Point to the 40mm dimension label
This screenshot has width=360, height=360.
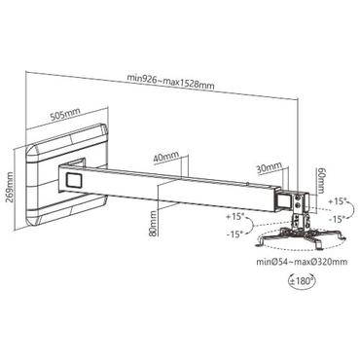click(165, 155)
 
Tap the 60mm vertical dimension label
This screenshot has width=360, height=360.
click(320, 180)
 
